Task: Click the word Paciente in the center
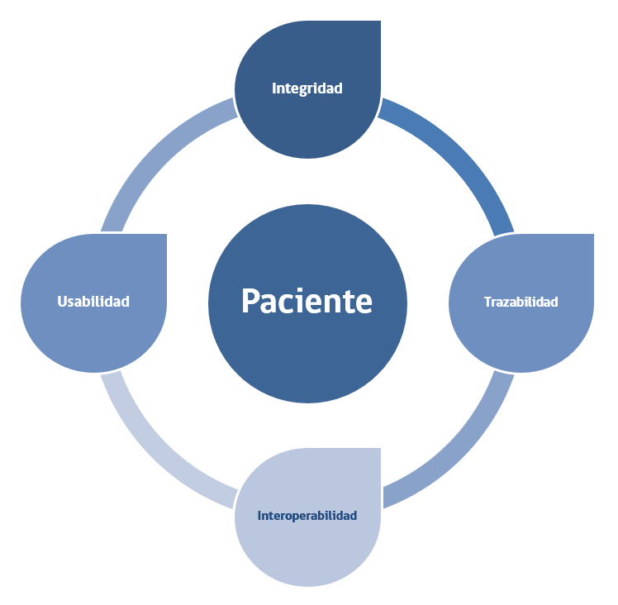(307, 301)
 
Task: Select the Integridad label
(307, 88)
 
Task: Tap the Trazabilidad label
(521, 302)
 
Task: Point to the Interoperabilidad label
(307, 516)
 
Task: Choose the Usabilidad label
(93, 302)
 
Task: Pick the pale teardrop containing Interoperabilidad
(307, 554)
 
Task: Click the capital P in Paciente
(250, 301)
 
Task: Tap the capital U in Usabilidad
(62, 302)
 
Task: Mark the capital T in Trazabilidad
(487, 302)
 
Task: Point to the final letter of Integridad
(338, 88)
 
